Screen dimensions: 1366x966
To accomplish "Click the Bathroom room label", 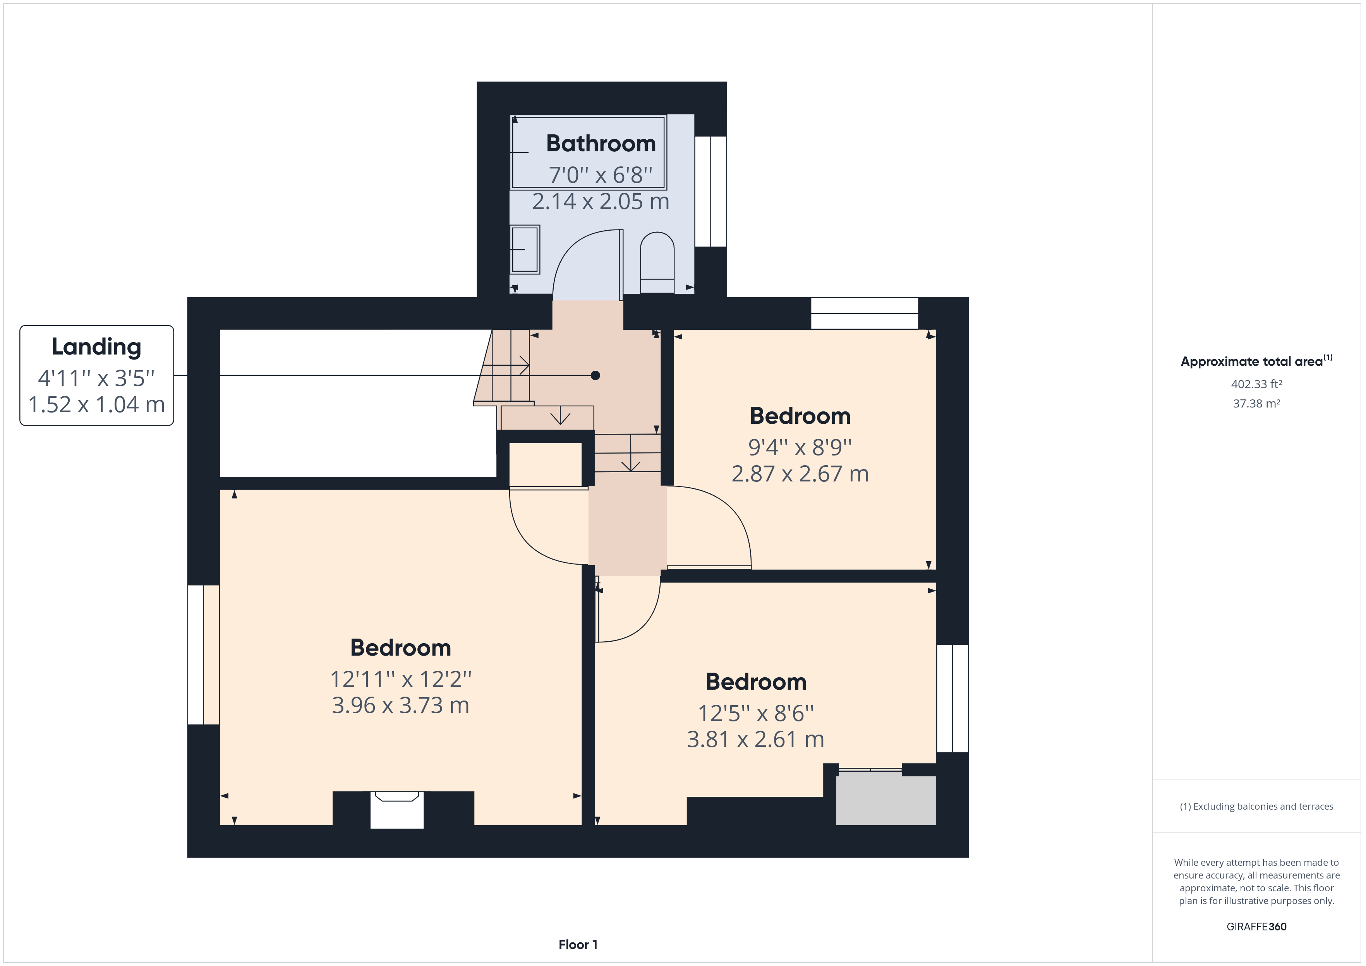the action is pos(601,143).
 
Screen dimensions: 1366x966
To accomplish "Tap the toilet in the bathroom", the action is pos(657,262).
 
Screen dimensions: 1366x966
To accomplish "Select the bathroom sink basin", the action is pos(525,249).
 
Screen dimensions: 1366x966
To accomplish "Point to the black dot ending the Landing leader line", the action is pos(595,375).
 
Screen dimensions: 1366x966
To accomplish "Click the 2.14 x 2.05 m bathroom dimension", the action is pos(601,202).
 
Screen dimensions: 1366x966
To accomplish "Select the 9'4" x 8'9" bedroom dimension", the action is pos(800,447).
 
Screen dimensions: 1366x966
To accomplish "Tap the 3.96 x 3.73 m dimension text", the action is pos(400,706).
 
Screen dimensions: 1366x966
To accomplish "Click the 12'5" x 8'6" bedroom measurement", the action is pos(755,713).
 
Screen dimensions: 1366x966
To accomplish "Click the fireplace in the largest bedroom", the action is pos(397,810).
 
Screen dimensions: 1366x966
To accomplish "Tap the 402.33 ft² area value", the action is pos(1256,384).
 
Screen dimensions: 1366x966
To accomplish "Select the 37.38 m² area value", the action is pos(1256,403).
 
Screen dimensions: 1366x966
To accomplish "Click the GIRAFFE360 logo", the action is pos(1256,926).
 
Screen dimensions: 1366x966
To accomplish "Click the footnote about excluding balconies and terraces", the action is pos(1256,806).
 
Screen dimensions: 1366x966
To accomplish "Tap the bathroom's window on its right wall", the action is pos(711,192).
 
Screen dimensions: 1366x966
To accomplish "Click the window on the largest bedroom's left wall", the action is pos(204,655).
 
